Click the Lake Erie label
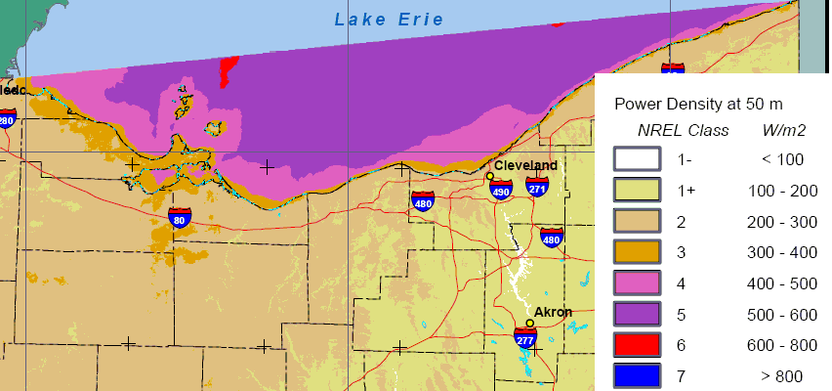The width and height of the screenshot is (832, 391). click(x=389, y=20)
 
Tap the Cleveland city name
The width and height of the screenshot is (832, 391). click(x=525, y=165)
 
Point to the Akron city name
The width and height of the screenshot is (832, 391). click(x=553, y=313)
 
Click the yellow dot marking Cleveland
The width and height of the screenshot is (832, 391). click(x=490, y=176)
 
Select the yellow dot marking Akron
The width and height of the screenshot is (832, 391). click(x=529, y=323)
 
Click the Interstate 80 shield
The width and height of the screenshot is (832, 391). click(x=180, y=217)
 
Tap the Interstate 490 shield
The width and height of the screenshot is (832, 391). click(x=501, y=190)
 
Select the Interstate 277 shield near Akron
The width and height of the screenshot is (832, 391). click(x=525, y=338)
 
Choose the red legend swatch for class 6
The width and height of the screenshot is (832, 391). click(x=637, y=345)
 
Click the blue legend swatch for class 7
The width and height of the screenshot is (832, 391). click(x=637, y=376)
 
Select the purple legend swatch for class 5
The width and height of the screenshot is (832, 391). click(x=637, y=314)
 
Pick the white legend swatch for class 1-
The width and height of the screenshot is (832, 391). click(x=637, y=159)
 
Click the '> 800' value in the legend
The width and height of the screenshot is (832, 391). click(x=784, y=376)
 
